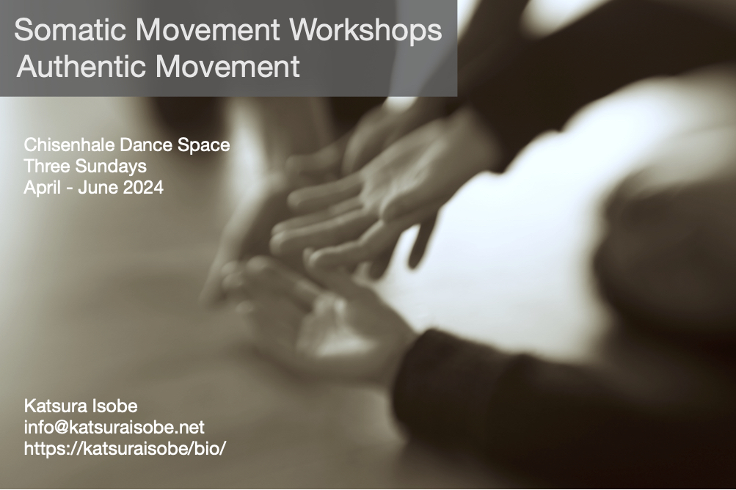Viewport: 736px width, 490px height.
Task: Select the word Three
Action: [x=43, y=167]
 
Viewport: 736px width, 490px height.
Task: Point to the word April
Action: [x=40, y=188]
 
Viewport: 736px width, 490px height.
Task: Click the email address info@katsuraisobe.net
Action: [x=114, y=428]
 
